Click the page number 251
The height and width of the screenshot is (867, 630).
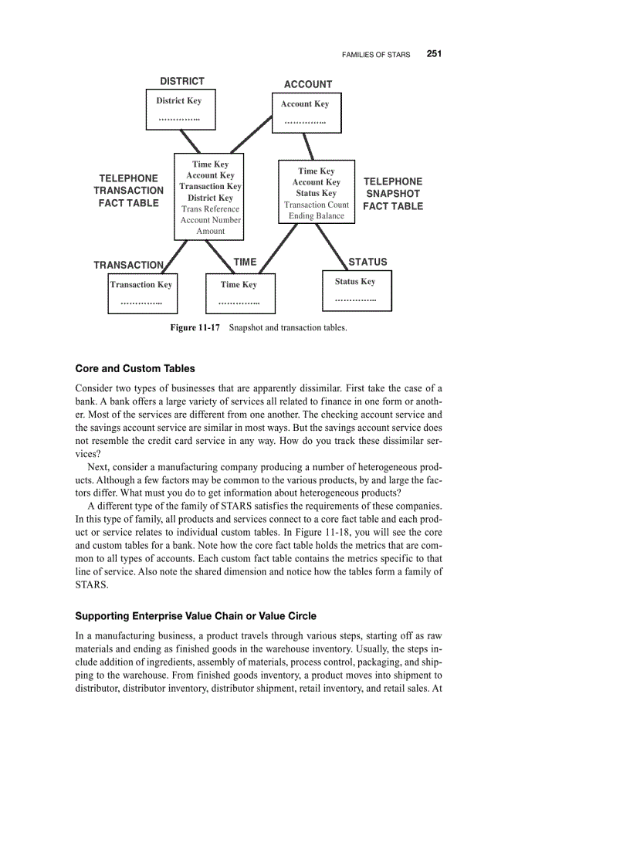tap(433, 54)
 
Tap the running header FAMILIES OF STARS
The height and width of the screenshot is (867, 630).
tap(375, 55)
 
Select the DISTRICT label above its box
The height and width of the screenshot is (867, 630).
tap(182, 81)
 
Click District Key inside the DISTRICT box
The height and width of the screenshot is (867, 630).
tap(178, 100)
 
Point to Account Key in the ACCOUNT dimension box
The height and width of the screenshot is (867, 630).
tap(304, 103)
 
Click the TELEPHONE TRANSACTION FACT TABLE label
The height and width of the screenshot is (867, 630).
tap(128, 191)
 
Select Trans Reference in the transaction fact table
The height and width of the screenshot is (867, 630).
tap(210, 209)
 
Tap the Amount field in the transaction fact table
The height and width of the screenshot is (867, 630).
tap(210, 231)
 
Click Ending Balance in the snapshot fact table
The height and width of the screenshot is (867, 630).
tap(317, 216)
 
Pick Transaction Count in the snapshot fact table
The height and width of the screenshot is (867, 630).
tap(317, 205)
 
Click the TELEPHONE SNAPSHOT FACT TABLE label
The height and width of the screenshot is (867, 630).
tap(393, 194)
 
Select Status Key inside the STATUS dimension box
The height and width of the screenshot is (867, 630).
tap(355, 282)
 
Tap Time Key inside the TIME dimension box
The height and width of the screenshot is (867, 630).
tap(239, 285)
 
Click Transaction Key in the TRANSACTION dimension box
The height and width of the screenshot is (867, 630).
tap(141, 285)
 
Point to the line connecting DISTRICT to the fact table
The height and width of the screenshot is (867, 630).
tap(190, 141)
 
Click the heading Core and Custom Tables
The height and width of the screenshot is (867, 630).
tap(135, 368)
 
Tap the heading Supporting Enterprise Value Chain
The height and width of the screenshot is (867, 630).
tap(195, 616)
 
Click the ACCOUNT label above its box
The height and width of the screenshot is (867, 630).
tap(308, 84)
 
